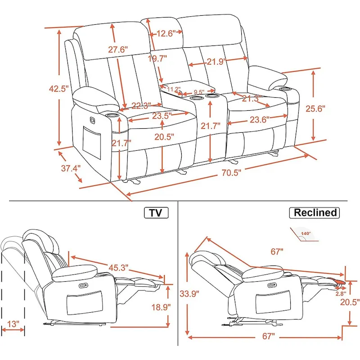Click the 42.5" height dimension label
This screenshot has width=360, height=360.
tap(58, 89)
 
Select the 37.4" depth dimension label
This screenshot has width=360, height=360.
tap(71, 168)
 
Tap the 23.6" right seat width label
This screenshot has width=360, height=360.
tap(259, 120)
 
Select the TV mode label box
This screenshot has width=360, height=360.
tap(156, 213)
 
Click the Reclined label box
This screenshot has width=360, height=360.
tap(315, 212)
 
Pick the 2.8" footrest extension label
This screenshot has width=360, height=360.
tap(341, 293)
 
